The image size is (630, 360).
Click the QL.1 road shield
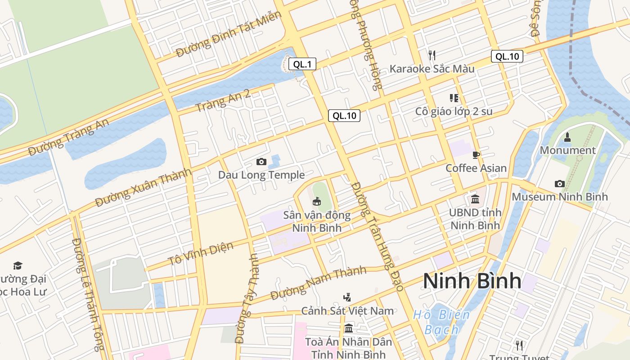[302, 64]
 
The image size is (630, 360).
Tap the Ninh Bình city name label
[472, 281]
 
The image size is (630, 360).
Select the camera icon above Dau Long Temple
[261, 162]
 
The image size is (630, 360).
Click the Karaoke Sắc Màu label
[432, 69]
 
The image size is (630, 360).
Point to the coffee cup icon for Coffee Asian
[476, 156]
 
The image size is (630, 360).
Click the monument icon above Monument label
[567, 137]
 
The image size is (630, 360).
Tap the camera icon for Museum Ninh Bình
[559, 184]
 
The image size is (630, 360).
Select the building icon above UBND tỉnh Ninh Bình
[475, 199]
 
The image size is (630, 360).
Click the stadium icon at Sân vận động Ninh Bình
[317, 201]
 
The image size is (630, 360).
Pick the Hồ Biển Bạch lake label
[441, 322]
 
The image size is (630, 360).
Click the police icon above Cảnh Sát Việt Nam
[346, 297]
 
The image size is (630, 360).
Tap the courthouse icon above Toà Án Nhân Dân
[348, 328]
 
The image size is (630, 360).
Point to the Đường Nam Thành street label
[319, 283]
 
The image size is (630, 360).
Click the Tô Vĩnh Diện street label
[201, 254]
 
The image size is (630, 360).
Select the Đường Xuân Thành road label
[143, 188]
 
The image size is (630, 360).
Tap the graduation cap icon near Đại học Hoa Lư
[18, 265]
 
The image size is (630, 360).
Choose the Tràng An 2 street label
[222, 101]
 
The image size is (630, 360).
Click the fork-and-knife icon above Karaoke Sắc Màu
[432, 55]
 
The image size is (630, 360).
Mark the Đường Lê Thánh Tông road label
[88, 295]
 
